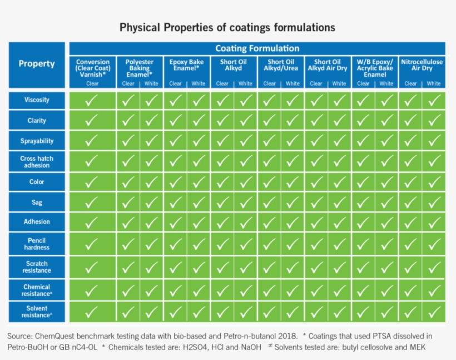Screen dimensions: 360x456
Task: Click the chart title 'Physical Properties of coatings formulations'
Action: tap(227, 27)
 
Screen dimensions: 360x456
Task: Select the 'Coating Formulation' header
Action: tap(257, 48)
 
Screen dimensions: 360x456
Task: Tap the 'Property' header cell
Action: tap(37, 63)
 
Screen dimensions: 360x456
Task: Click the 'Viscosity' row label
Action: tap(37, 100)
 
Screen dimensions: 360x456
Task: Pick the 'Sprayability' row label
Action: tap(37, 141)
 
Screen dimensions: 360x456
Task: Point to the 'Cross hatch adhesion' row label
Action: tap(37, 162)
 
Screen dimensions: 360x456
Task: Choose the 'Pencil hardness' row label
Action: tap(37, 244)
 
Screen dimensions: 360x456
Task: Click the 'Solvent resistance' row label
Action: tap(37, 312)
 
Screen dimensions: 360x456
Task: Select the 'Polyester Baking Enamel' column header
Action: tap(140, 68)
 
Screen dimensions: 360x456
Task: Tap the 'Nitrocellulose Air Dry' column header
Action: tap(422, 65)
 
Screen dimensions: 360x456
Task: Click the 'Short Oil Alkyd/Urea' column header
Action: tap(281, 65)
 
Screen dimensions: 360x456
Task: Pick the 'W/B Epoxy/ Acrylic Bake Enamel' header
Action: tap(375, 68)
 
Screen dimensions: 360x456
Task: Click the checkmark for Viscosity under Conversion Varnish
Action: tap(92, 101)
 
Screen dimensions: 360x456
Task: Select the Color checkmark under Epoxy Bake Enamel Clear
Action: tap(175, 181)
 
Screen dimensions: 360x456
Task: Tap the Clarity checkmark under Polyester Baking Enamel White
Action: tap(151, 121)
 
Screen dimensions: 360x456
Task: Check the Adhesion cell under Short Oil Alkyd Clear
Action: tap(222, 222)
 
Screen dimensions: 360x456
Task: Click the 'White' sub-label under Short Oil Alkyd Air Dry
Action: tap(339, 84)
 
